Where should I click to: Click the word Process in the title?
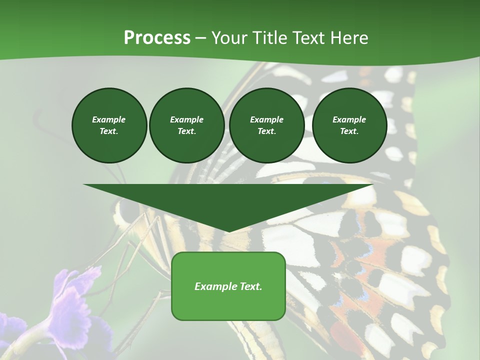(157, 38)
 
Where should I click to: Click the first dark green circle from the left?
(109, 125)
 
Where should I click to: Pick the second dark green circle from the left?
(186, 125)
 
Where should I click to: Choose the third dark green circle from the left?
(266, 125)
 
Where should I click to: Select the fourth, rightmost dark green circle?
(349, 125)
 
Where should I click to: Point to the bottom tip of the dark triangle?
(228, 231)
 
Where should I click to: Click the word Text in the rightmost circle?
(349, 131)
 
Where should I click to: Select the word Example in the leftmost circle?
(109, 119)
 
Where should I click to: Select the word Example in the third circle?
(266, 119)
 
